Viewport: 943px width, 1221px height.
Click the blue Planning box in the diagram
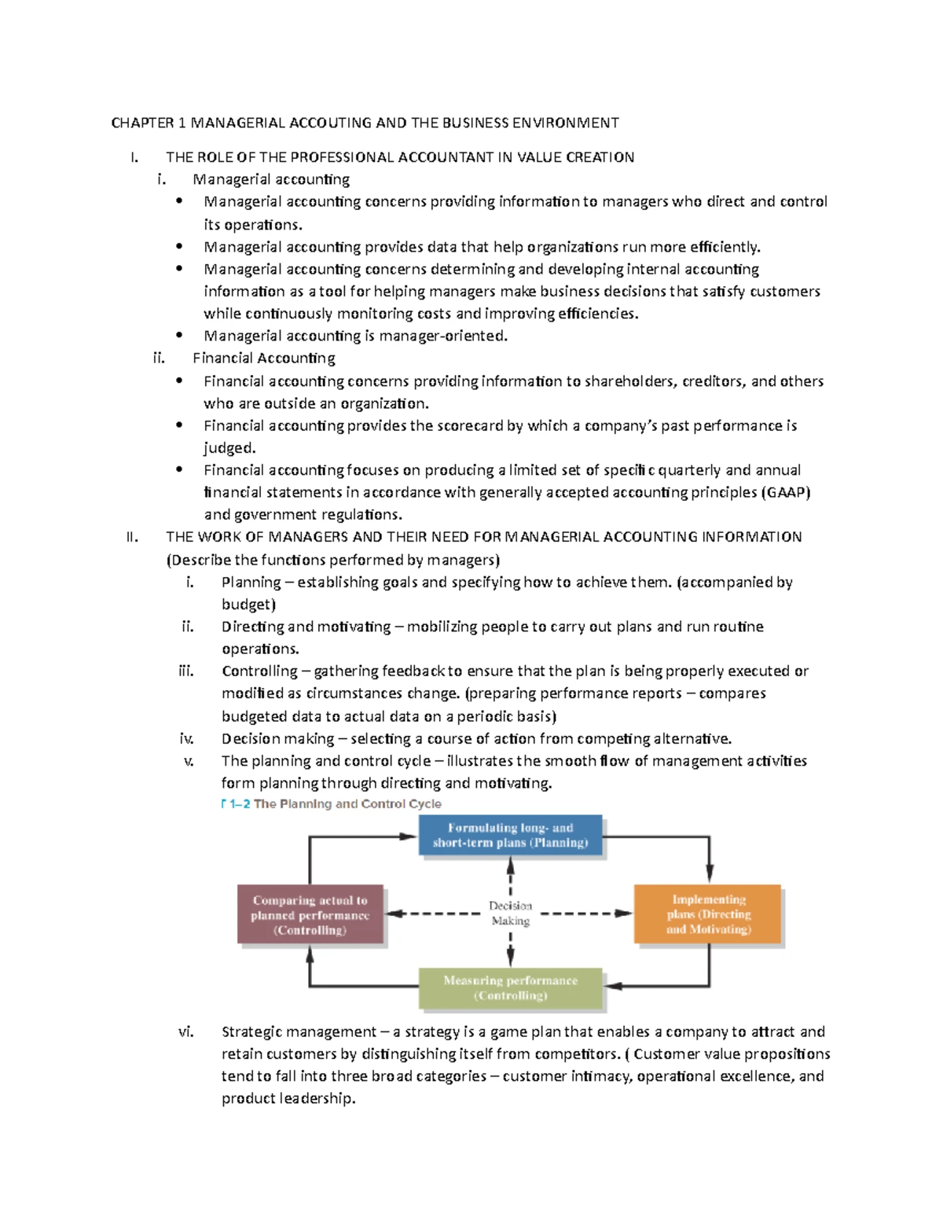[x=510, y=835]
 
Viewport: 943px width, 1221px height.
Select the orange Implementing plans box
[x=708, y=914]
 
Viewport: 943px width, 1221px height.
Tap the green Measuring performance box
[x=510, y=988]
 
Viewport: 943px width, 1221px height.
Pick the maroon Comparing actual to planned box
[x=310, y=914]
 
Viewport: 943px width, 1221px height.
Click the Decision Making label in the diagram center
[x=510, y=914]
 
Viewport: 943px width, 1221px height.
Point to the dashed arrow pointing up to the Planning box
[x=510, y=874]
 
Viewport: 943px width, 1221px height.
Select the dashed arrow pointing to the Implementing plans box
[x=589, y=914]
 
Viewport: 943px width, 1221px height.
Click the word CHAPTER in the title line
[x=142, y=123]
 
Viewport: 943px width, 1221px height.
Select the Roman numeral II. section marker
[x=132, y=537]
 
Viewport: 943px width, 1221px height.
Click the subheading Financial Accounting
[x=264, y=359]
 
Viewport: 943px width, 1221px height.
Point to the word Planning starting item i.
[x=251, y=583]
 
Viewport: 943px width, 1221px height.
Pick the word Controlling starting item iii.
[x=259, y=671]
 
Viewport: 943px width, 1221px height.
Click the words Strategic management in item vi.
[x=299, y=1032]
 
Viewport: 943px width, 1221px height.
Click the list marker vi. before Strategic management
[x=185, y=1032]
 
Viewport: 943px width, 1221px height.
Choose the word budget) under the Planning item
[x=248, y=605]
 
